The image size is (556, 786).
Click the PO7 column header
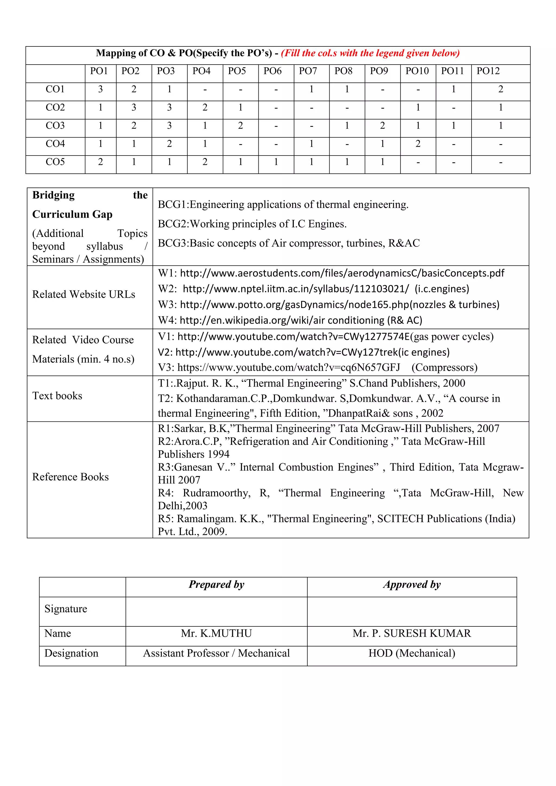pyautogui.click(x=308, y=71)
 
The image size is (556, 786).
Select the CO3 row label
pyautogui.click(x=55, y=126)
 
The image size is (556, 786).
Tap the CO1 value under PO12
pyautogui.click(x=501, y=89)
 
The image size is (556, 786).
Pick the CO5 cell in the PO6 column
pyautogui.click(x=276, y=162)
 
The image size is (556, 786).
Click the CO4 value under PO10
pyautogui.click(x=418, y=144)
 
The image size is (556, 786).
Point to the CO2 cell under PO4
pyautogui.click(x=205, y=107)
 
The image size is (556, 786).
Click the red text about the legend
pyautogui.click(x=370, y=53)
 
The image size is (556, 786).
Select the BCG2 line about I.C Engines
pyautogui.click(x=252, y=224)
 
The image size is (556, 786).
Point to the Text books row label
pyautogui.click(x=57, y=396)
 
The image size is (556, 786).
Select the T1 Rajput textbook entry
pyautogui.click(x=311, y=383)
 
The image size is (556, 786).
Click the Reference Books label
pyautogui.click(x=70, y=477)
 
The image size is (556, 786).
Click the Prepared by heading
pyautogui.click(x=216, y=584)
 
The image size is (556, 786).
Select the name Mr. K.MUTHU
pyautogui.click(x=216, y=633)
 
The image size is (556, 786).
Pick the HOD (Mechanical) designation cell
pyautogui.click(x=412, y=653)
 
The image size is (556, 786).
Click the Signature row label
pyautogui.click(x=66, y=609)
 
